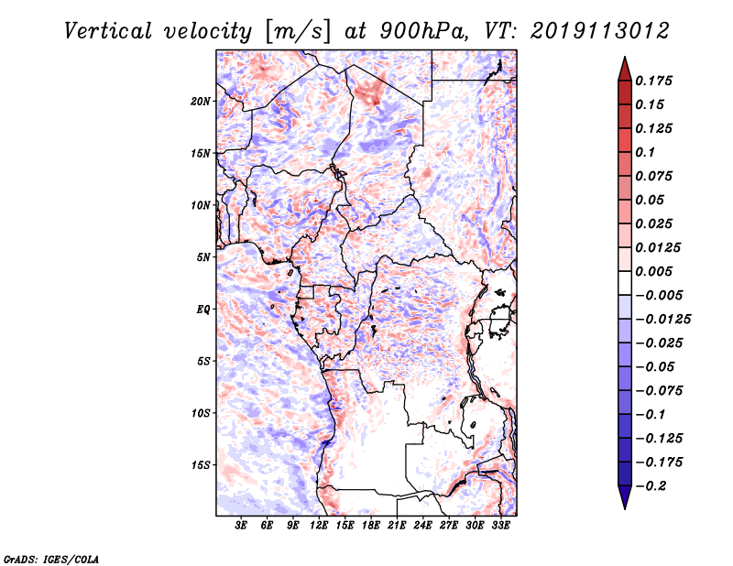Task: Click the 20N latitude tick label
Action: (x=201, y=101)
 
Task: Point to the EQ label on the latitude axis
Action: (x=202, y=310)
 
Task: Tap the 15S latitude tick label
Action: (x=201, y=465)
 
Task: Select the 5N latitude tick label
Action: (x=202, y=257)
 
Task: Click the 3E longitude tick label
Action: (x=242, y=526)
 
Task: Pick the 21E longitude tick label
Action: (x=398, y=526)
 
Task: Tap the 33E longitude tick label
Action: (x=501, y=526)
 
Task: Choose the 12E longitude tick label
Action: (x=320, y=526)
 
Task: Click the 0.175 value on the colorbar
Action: (x=655, y=81)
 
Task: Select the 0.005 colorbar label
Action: (x=655, y=271)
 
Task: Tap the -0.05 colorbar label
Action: (x=659, y=366)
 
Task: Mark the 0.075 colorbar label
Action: (x=655, y=176)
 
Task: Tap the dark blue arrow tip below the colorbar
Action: (x=624, y=500)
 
